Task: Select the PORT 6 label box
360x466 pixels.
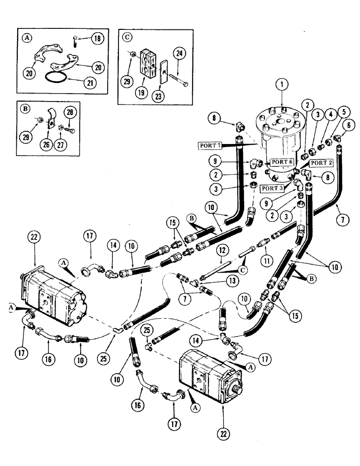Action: pyautogui.click(x=281, y=162)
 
